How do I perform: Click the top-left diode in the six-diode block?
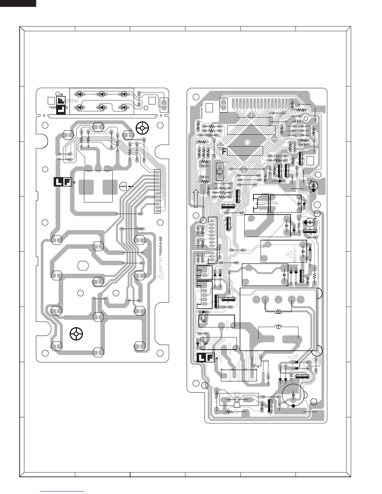(80, 94)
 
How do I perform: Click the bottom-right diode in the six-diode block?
(124, 107)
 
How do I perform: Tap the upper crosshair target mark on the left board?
(142, 128)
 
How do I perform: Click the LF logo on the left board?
(63, 182)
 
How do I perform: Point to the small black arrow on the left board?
(131, 186)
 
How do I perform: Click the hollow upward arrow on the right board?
(196, 198)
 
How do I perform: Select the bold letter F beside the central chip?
(224, 152)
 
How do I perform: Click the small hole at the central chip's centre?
(247, 143)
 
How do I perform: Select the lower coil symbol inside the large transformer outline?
(278, 327)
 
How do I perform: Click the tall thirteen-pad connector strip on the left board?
(157, 192)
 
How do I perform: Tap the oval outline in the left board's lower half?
(83, 265)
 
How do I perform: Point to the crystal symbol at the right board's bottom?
(237, 400)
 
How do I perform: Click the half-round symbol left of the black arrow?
(122, 186)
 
